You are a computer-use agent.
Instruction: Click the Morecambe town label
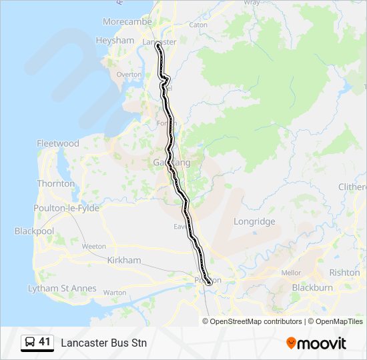127,22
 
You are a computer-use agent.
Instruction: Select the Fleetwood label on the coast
58,143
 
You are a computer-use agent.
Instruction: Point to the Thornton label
56,183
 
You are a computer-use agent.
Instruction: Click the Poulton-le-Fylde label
66,209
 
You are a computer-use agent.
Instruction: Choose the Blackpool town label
34,231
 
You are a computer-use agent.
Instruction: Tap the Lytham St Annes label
62,289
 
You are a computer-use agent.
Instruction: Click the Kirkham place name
124,261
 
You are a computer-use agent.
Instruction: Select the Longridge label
254,221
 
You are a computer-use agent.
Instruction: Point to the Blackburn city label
312,288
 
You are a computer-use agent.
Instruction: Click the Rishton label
344,273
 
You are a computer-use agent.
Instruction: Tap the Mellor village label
292,273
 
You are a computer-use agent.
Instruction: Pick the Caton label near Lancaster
199,25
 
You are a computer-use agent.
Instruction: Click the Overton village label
129,75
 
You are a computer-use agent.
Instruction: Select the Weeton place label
93,247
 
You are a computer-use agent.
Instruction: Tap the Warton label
115,292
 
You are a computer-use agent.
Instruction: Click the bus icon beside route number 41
30,343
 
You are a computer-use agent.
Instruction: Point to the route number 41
45,342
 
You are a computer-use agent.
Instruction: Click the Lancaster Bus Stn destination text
103,343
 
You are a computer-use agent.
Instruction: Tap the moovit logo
316,343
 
